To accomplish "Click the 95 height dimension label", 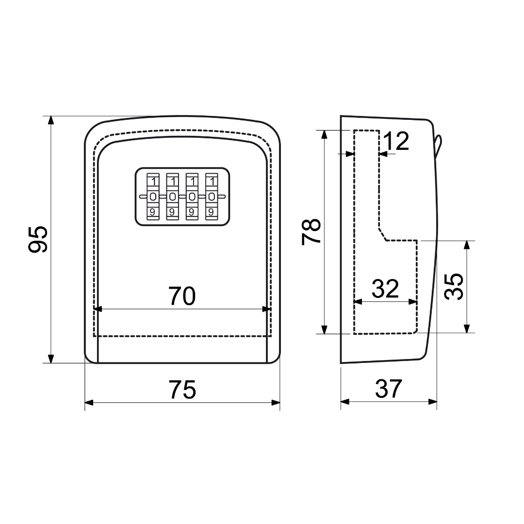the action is click(38, 239).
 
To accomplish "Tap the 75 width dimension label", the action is click(182, 390).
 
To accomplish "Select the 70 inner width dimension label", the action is click(182, 296).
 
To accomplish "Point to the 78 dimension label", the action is click(311, 232).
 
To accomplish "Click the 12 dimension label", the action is click(396, 141).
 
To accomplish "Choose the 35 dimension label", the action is click(454, 286).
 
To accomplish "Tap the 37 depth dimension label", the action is click(388, 389).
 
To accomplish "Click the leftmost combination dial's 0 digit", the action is click(153, 197).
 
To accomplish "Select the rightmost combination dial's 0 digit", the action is click(211, 197).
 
